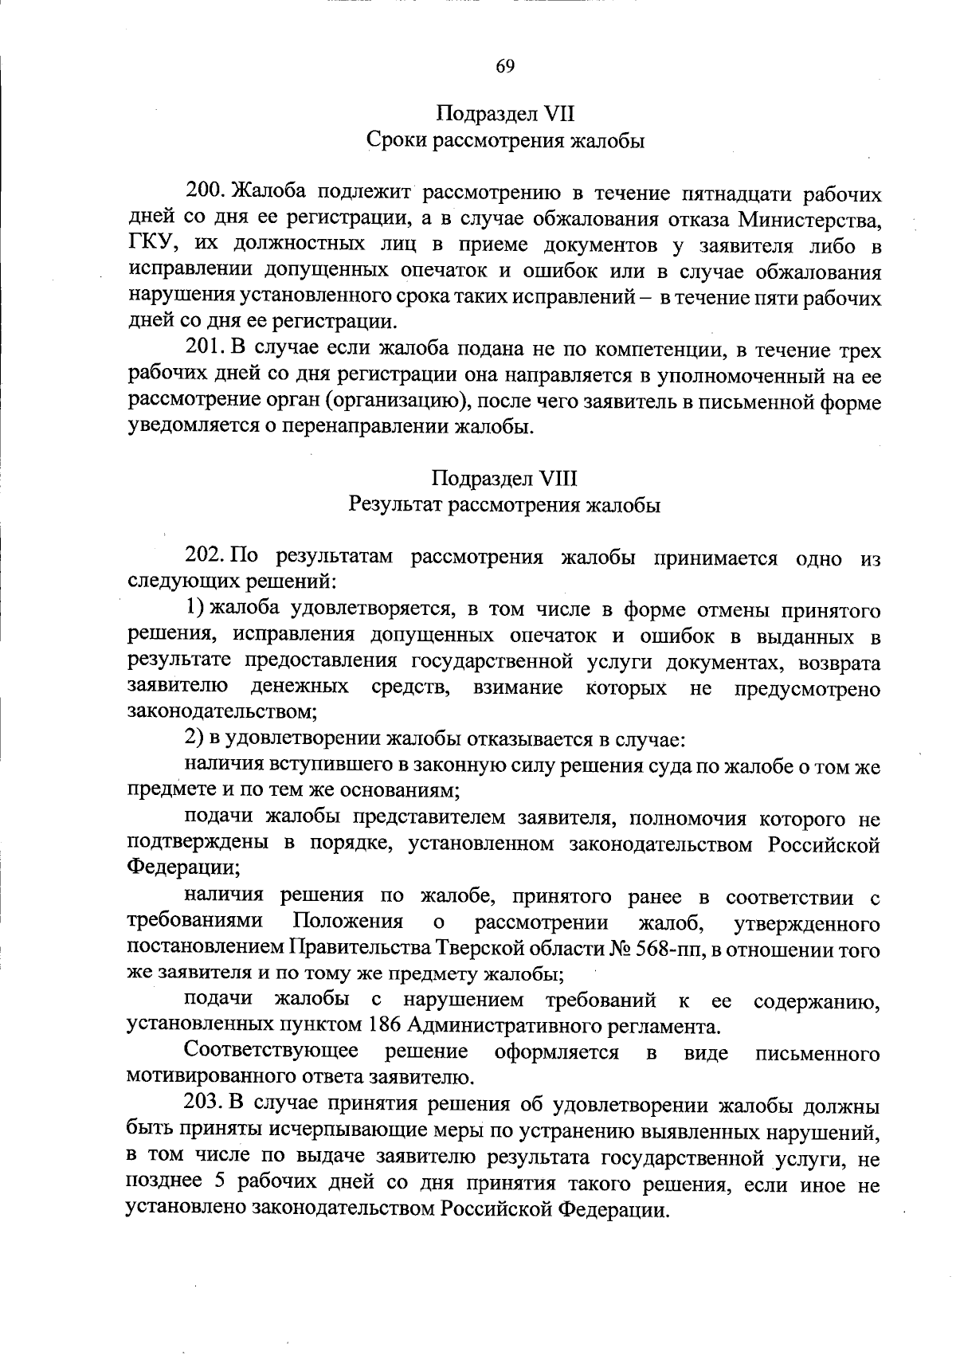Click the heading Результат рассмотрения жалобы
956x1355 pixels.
point(505,506)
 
